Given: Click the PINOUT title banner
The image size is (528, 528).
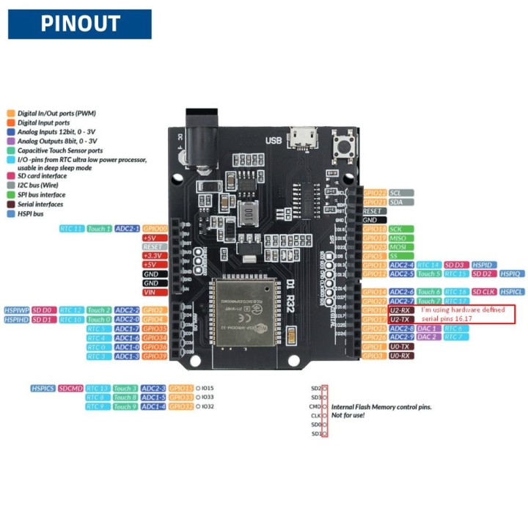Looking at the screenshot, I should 79,23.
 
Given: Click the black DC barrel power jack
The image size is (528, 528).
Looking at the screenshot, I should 197,136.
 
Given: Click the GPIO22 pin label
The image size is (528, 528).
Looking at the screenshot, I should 375,192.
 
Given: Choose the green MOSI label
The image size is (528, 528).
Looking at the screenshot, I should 400,247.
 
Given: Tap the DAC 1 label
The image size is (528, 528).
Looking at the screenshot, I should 428,329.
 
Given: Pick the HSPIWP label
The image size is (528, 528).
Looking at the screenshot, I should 16,310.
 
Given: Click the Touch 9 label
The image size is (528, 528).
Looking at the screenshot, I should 125,406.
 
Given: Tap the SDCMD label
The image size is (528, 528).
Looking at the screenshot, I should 70,388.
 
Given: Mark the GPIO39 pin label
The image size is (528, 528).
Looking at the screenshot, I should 155,356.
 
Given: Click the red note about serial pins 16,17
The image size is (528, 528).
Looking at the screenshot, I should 465,314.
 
